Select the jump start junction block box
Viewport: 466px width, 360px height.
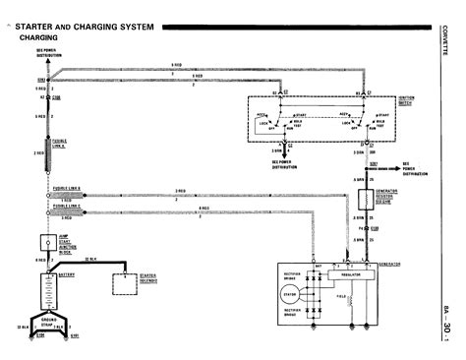45,242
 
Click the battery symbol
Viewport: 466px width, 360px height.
45,289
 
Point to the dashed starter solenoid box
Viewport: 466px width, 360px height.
126,283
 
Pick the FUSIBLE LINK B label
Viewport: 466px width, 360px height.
67,189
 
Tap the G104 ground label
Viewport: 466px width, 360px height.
40,336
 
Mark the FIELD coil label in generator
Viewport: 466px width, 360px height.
341,296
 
